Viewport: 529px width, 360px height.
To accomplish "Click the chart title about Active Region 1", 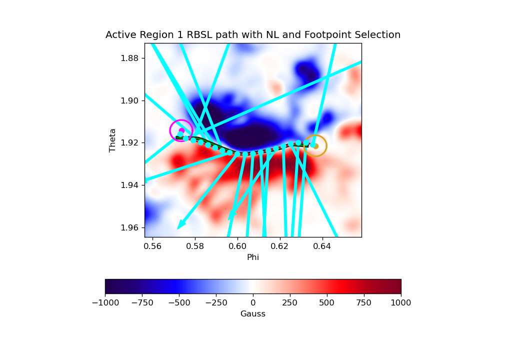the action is tap(253, 35).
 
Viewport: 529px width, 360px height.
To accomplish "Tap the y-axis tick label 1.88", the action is tap(129, 58).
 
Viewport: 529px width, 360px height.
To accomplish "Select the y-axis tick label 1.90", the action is tap(129, 100).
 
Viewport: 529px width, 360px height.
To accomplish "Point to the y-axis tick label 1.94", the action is tap(129, 185).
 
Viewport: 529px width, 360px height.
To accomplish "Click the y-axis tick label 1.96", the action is tap(129, 227).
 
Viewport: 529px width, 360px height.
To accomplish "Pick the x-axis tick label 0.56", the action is tap(152, 246).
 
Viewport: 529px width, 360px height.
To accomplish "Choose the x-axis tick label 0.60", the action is tap(237, 246).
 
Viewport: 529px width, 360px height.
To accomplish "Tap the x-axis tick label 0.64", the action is tap(322, 246).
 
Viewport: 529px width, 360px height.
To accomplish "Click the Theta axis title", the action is tap(112, 140).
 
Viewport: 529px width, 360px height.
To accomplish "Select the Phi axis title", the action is tap(253, 257).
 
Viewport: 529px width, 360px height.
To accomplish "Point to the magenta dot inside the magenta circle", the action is tap(182, 130).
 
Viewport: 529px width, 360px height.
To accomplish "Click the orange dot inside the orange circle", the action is tap(316, 146).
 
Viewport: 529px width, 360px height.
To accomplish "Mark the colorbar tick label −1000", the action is tap(105, 302).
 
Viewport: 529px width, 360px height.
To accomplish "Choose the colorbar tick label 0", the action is tap(253, 302).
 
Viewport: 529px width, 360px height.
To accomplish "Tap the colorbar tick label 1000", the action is tap(401, 302).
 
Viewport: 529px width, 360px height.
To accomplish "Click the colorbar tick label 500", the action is tap(326, 302).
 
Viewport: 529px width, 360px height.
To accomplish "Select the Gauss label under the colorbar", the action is tap(253, 314).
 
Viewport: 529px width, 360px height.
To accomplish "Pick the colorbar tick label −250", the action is tap(216, 302).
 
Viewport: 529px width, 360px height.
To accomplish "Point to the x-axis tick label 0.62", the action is tap(279, 246).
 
